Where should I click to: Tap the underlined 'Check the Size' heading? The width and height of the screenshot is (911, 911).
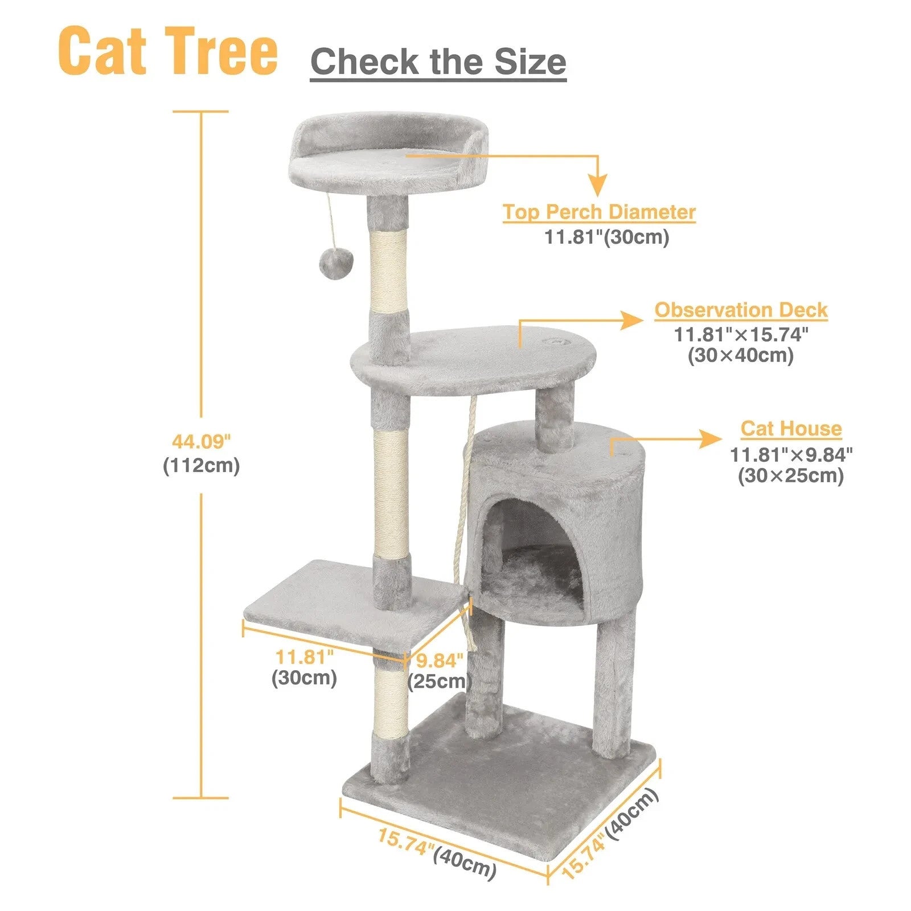click(x=438, y=61)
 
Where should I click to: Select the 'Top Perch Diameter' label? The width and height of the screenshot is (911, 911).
click(x=599, y=212)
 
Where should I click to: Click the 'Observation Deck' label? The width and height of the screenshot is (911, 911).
click(x=740, y=310)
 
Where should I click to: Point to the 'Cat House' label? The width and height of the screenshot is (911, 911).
click(x=791, y=428)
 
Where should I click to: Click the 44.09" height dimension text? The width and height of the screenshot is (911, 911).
click(x=202, y=441)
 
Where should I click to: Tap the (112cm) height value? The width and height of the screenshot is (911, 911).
click(x=202, y=466)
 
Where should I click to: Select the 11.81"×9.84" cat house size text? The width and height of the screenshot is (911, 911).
click(x=791, y=454)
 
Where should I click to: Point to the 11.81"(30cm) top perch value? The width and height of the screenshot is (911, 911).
click(x=607, y=236)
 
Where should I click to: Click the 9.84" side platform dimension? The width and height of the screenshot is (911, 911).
click(x=440, y=661)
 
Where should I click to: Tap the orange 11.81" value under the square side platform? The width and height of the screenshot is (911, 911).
click(x=305, y=656)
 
